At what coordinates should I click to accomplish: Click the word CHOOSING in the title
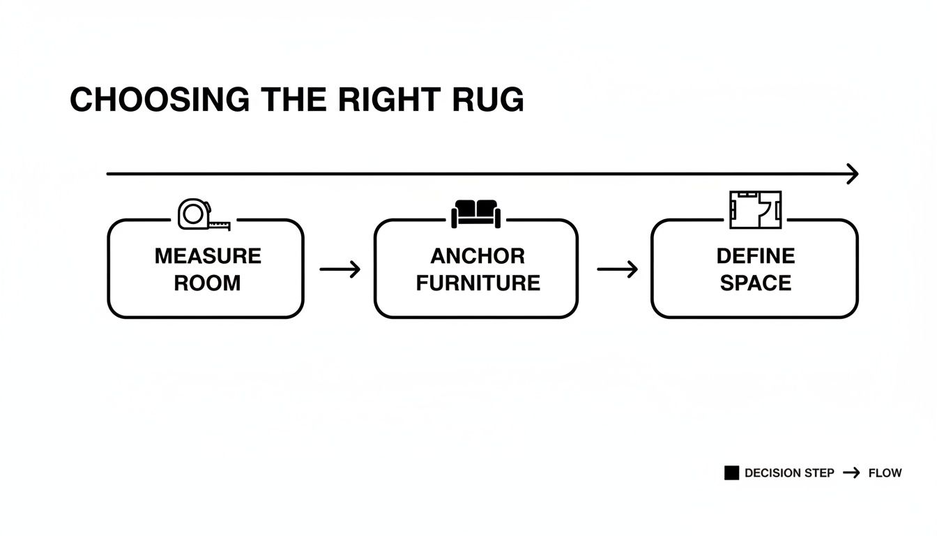tap(160, 100)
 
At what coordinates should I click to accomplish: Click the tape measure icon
tap(203, 214)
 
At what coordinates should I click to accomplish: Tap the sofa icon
tap(475, 213)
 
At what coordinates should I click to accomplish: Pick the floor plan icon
tap(755, 210)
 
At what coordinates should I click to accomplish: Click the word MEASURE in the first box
tap(208, 256)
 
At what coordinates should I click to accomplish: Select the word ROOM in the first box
tap(207, 283)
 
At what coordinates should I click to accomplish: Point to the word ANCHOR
tap(478, 256)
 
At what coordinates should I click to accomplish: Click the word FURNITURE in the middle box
tap(478, 283)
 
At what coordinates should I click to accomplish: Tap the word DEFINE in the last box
tap(755, 256)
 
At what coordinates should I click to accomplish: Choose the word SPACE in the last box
tap(755, 283)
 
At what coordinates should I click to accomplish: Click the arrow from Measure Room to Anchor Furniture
tap(340, 269)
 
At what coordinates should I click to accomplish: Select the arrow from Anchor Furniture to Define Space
tap(618, 269)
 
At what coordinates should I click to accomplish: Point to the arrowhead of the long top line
tap(852, 174)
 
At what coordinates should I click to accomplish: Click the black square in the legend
tap(731, 473)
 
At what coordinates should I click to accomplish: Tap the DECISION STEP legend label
tap(789, 473)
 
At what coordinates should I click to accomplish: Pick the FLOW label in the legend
tap(885, 473)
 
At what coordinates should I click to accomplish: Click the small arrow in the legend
tap(851, 473)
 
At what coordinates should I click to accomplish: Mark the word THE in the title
tap(294, 100)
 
